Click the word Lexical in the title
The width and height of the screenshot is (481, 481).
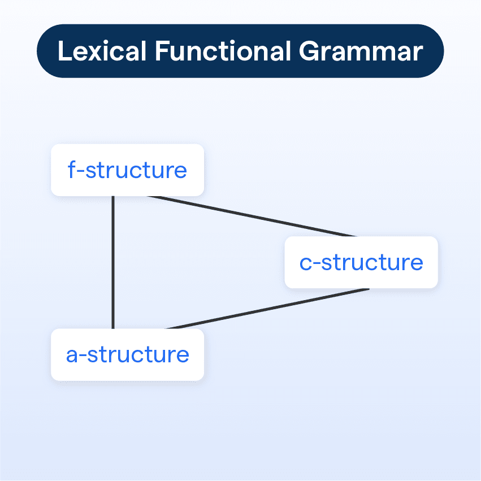(x=102, y=51)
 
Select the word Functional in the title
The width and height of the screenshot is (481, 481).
(x=223, y=51)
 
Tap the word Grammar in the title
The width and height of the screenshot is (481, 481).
(x=361, y=51)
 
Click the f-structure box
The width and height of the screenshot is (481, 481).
(x=127, y=170)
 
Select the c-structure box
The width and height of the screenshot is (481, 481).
(x=361, y=262)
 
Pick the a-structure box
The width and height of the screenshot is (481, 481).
(x=127, y=354)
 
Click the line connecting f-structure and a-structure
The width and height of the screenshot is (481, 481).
(x=113, y=262)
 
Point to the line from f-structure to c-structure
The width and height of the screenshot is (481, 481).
(x=252, y=216)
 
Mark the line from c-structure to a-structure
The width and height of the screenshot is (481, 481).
(x=267, y=309)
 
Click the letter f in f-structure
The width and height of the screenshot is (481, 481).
(x=72, y=170)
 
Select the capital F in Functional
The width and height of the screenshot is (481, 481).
(x=162, y=51)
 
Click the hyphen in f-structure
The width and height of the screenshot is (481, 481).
(x=80, y=172)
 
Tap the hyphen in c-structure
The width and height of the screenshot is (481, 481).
(x=317, y=264)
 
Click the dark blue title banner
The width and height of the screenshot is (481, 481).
(x=240, y=51)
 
